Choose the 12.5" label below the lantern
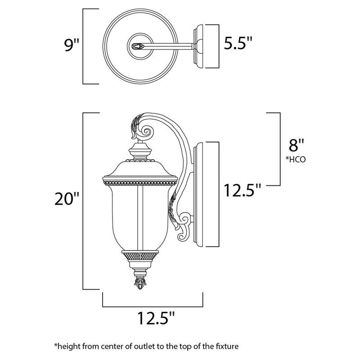[x=153, y=320]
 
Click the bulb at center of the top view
[x=138, y=45]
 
